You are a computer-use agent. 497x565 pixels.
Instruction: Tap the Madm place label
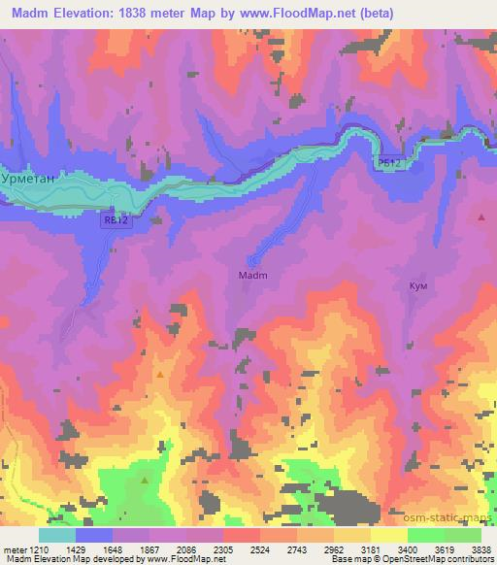pos(252,275)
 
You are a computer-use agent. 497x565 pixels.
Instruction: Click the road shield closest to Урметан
pos(115,221)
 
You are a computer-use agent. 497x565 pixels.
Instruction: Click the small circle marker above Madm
pos(253,260)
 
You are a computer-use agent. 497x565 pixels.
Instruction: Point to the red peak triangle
pos(481,217)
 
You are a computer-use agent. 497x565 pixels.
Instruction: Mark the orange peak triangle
pos(160,374)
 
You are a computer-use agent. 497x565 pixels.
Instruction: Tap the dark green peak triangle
pos(146,480)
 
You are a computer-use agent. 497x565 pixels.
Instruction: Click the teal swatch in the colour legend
pos(57,535)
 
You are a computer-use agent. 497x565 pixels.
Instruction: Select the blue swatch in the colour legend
pos(94,535)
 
